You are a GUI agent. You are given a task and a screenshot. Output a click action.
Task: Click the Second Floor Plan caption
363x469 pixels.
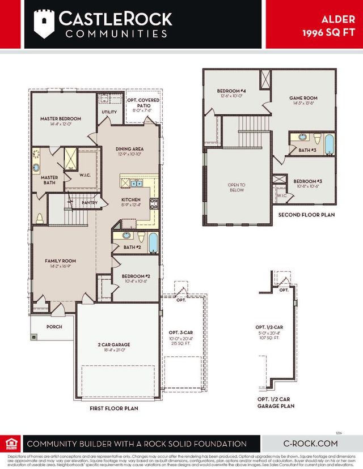click(x=306, y=215)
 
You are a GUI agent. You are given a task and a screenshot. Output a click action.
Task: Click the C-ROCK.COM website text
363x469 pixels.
click(x=310, y=444)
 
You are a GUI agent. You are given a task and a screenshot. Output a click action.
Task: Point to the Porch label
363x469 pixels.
click(x=54, y=327)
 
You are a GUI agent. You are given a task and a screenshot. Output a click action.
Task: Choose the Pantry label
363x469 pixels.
click(x=90, y=203)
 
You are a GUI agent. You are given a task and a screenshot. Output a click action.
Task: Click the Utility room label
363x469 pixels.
click(x=109, y=112)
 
